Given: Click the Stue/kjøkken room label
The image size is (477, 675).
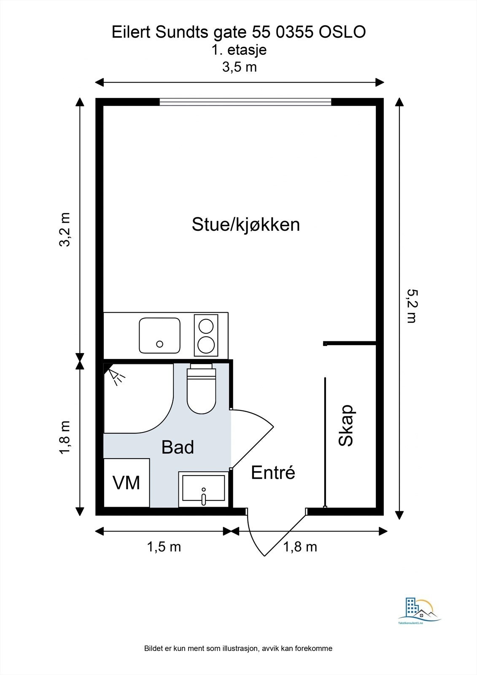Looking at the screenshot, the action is point(246,225).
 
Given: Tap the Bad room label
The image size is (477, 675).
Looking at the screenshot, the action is point(178,447).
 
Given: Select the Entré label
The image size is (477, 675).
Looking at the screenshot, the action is point(273,472).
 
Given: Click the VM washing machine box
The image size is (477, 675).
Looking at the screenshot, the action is point(127,483).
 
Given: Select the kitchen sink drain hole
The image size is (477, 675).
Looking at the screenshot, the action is point(160,344).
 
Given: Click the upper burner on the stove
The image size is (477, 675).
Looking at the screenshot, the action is point(206,327).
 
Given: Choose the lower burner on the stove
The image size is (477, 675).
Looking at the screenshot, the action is point(206,344).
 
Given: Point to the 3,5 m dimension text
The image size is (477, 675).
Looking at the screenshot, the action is point(240,67).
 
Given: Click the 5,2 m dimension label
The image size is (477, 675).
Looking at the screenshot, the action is point(412,306).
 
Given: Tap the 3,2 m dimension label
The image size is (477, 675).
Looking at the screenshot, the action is point(65,229).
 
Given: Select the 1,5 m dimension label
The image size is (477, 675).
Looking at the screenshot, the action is point(164,547).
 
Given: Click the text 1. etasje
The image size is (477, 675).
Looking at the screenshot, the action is point(239,50).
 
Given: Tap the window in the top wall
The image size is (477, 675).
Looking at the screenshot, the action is point(245,102).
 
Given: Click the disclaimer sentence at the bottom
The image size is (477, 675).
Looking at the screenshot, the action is point(238,646).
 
